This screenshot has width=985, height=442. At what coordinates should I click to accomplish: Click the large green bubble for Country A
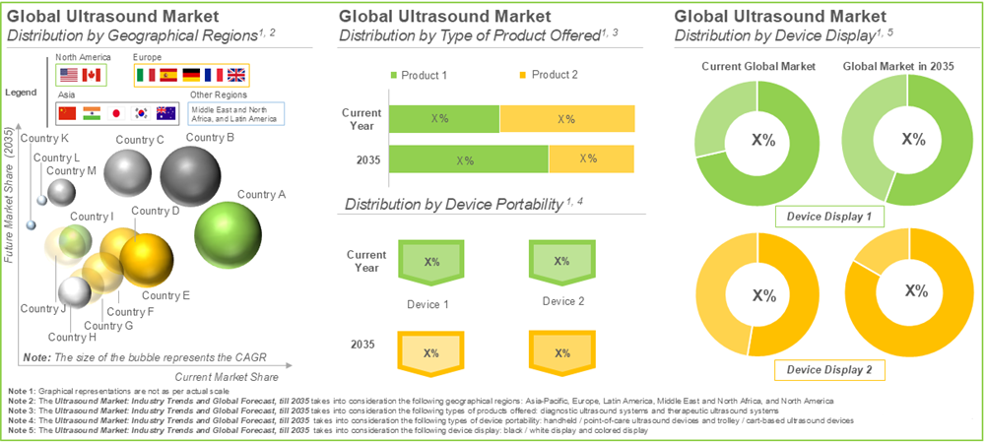[229, 233]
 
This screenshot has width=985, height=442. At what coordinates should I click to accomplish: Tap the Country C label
[139, 140]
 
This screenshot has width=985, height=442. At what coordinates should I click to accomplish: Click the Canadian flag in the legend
[92, 75]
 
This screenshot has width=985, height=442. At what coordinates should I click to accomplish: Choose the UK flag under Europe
[236, 75]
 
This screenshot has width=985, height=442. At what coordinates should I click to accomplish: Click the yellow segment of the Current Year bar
[567, 119]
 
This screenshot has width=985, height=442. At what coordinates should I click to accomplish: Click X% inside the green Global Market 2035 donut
[914, 140]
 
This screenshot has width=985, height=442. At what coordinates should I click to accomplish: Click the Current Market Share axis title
[228, 377]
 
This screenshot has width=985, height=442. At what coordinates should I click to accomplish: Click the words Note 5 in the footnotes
[21, 431]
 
